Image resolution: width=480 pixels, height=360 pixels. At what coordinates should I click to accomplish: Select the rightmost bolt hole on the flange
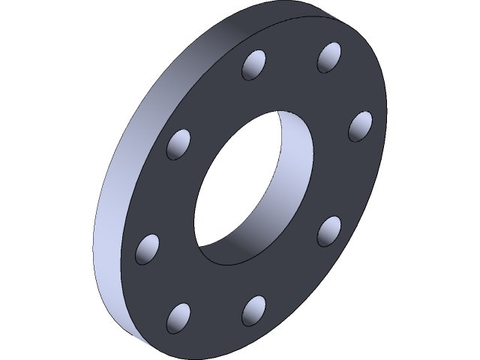361,126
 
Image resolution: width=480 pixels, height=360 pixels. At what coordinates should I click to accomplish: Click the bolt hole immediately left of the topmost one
255,65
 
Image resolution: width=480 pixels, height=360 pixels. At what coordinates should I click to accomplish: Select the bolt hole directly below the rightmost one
329,231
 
